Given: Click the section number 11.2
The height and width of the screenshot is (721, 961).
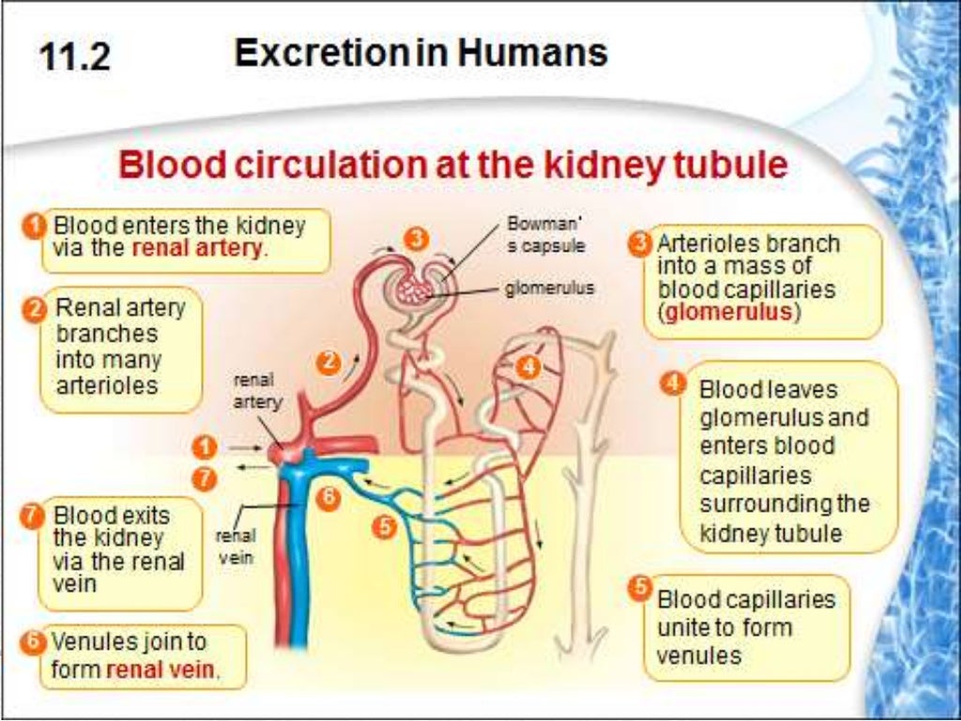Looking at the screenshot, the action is (75, 57).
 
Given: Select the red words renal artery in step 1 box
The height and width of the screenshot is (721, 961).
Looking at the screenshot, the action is (199, 250).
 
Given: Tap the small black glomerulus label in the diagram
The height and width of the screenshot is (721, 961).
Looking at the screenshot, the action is (549, 288).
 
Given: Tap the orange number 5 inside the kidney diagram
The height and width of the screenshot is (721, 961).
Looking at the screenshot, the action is (383, 528).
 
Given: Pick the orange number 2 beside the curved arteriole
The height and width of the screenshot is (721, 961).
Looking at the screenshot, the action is (328, 362).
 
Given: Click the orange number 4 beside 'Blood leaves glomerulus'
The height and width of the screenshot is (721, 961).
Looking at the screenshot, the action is (672, 384).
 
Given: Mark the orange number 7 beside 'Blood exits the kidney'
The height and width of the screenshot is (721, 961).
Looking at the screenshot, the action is (33, 516).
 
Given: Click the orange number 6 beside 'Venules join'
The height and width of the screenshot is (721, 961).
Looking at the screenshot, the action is (33, 643).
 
